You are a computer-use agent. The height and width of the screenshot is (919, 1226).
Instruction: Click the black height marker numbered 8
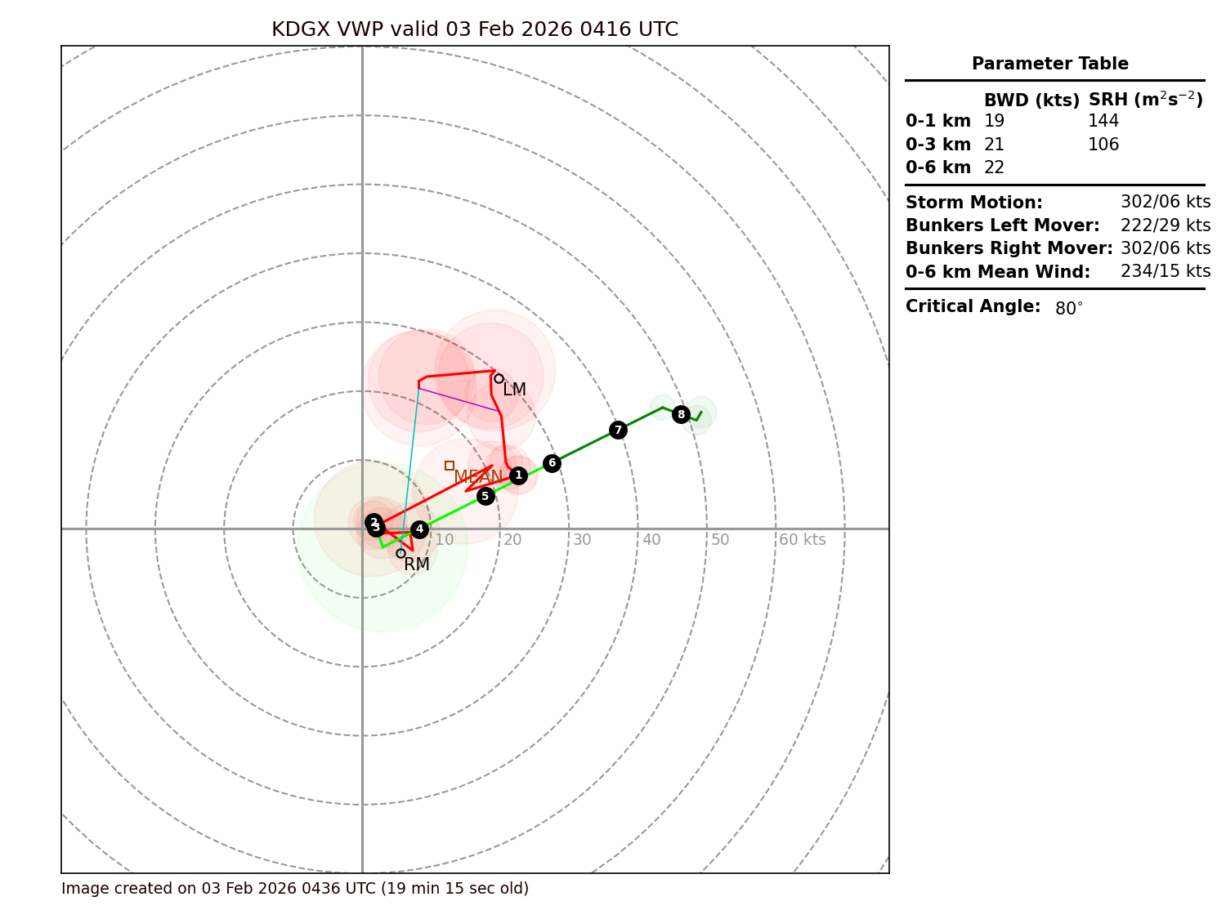(681, 414)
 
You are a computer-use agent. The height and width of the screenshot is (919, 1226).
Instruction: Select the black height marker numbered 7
(618, 430)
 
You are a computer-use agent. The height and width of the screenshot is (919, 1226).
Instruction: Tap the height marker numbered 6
(552, 463)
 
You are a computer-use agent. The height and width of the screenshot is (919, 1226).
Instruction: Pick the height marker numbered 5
(485, 496)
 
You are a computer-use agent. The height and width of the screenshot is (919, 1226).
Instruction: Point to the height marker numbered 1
(518, 475)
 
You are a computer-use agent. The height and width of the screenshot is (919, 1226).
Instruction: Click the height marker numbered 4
(419, 529)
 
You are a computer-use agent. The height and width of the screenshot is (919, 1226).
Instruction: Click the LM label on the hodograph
(514, 390)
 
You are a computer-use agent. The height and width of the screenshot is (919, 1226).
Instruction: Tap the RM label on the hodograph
(417, 564)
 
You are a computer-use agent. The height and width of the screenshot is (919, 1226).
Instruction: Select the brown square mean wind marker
(450, 466)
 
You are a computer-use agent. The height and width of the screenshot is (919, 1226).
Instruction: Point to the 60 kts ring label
(802, 540)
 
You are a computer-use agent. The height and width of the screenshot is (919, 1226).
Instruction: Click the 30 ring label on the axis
(582, 540)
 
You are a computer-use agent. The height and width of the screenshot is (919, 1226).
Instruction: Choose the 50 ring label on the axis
(720, 540)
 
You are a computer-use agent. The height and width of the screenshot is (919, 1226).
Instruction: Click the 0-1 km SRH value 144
(1103, 122)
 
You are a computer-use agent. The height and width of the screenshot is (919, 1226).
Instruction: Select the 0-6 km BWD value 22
(994, 167)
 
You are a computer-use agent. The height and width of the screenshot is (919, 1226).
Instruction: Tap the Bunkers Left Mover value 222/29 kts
(1166, 225)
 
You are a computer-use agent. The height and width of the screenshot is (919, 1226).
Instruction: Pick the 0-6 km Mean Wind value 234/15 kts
(1166, 271)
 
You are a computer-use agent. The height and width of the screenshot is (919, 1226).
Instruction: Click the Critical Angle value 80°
(1068, 309)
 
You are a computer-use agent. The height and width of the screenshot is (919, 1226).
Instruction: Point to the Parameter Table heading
(1049, 64)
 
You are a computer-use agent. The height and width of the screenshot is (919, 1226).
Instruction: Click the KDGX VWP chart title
(475, 29)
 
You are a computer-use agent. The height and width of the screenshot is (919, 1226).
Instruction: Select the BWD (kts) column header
(1031, 100)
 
